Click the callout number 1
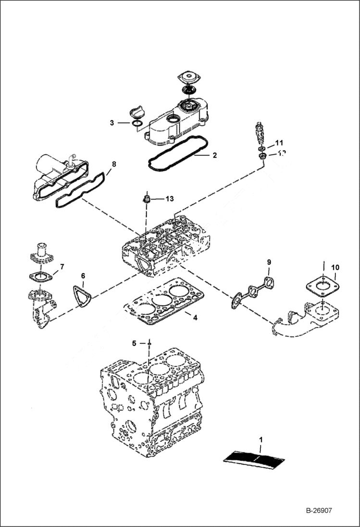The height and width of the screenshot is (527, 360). pos(261,439)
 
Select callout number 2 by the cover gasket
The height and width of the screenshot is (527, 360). pos(215,155)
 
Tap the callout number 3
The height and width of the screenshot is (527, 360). pos(112,123)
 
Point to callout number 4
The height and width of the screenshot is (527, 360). pos(195,318)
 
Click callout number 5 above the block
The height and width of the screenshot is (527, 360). pos(134,343)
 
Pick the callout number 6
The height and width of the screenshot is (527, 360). pos(83,276)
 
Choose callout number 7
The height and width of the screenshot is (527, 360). pos(62,267)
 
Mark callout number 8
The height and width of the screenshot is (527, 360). pos(114,164)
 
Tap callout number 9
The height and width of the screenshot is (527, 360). pos(269,262)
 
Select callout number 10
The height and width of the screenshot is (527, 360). pos(335,267)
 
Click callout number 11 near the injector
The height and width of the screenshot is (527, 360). pos(279,143)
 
